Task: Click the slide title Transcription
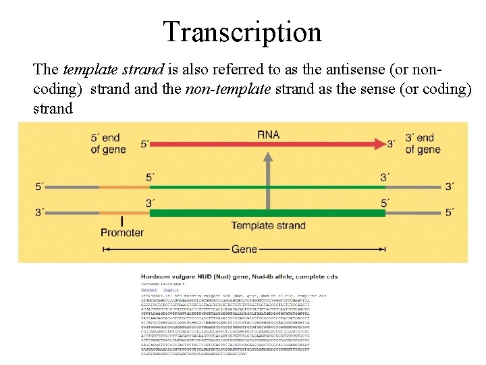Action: tap(242, 31)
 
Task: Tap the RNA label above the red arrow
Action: tap(268, 135)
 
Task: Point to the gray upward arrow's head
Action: tap(269, 158)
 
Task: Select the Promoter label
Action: tap(122, 233)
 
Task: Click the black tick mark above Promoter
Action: tap(122, 221)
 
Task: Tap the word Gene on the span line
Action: tap(244, 249)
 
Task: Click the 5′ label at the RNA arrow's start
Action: tap(145, 144)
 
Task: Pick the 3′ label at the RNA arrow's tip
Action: tap(391, 144)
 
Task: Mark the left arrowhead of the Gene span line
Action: tap(107, 249)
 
